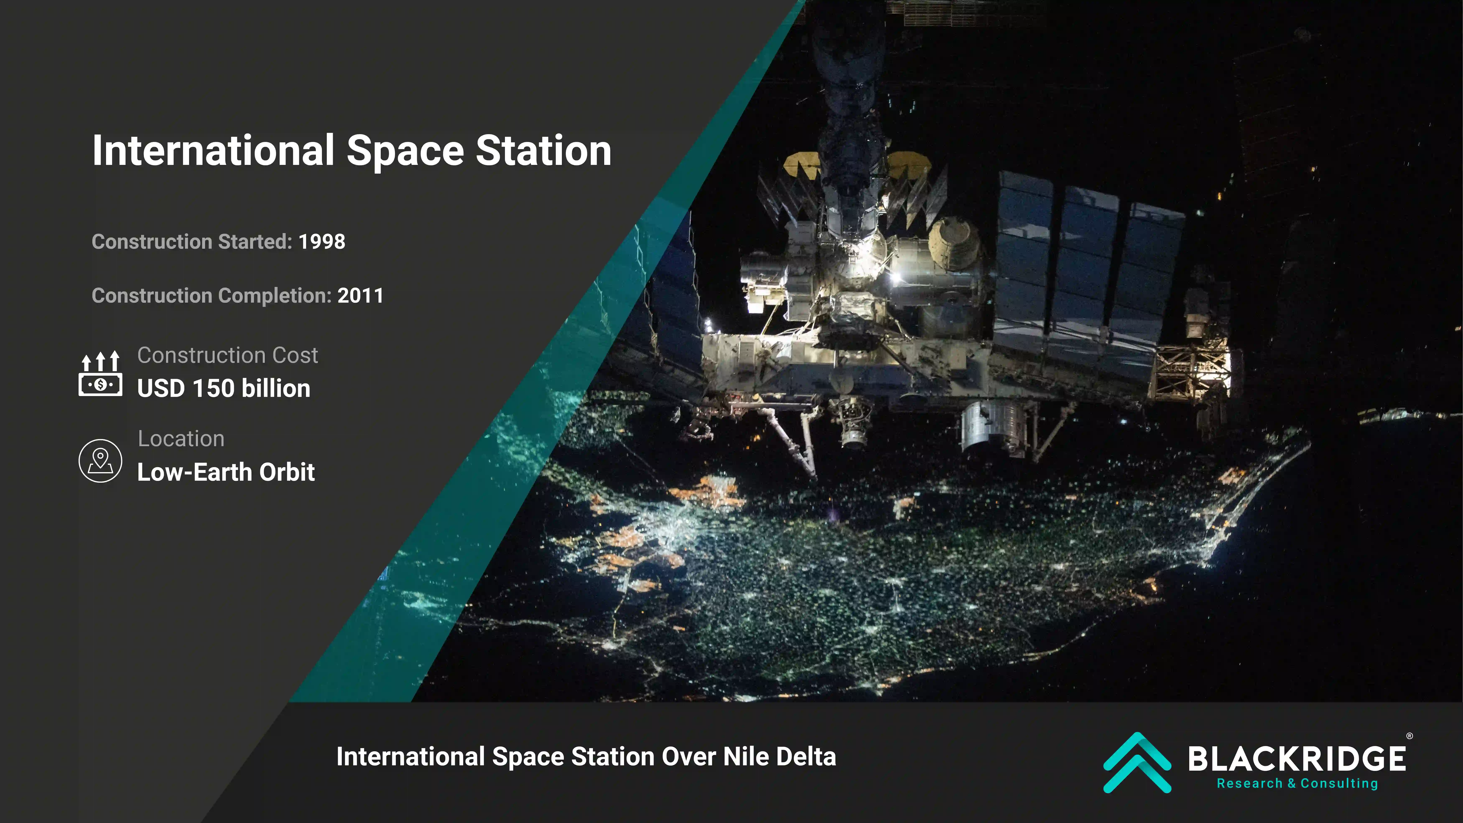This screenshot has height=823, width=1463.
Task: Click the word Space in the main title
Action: click(405, 151)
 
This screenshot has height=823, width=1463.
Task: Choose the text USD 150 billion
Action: click(224, 389)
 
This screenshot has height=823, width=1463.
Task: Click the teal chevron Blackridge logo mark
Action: click(1137, 762)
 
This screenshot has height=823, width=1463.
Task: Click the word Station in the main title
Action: click(544, 151)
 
